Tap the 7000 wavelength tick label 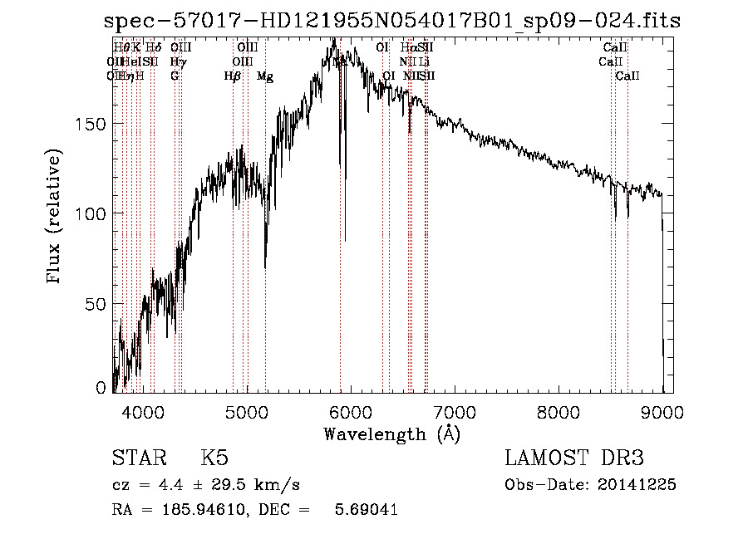pyautogui.click(x=455, y=411)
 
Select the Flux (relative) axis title pyautogui.click(x=55, y=218)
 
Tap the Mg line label pyautogui.click(x=265, y=76)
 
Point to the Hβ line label pyautogui.click(x=233, y=76)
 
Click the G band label pyautogui.click(x=175, y=76)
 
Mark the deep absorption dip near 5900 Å pyautogui.click(x=345, y=237)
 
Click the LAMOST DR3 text pyautogui.click(x=573, y=458)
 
